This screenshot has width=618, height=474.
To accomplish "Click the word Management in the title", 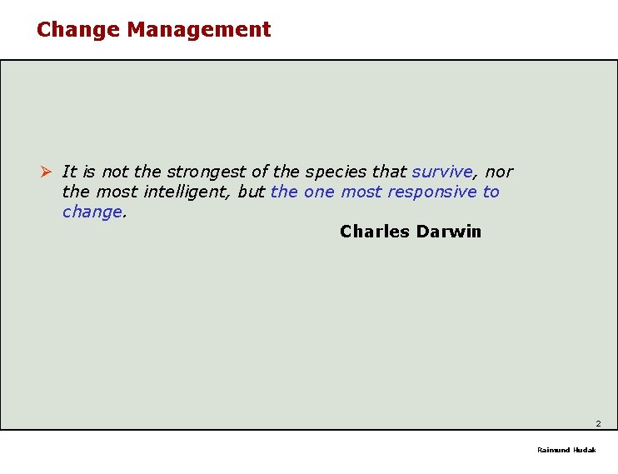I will click(199, 29).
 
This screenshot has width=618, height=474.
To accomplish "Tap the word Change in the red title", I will click(79, 29).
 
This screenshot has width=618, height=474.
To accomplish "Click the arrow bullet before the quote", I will click(47, 172).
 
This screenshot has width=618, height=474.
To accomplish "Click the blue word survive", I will click(442, 172).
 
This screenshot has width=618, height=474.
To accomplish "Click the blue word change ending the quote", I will click(92, 212).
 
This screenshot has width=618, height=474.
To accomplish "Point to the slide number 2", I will click(598, 424).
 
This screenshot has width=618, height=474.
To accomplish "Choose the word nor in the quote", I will click(499, 172).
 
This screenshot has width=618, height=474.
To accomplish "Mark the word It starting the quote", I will click(69, 172).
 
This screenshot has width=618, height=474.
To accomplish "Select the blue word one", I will click(318, 192).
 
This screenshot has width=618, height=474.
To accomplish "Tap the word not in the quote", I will click(115, 172).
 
